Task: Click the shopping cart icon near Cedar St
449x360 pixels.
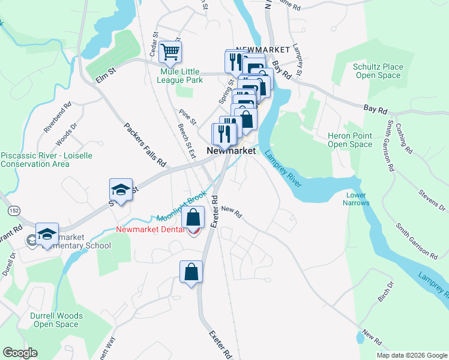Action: [x=170, y=52]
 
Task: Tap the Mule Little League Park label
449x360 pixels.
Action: [x=181, y=75]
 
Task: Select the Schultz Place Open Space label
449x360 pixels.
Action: [x=376, y=71]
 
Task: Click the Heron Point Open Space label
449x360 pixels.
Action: [x=350, y=140]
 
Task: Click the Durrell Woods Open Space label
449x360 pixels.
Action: [x=56, y=320]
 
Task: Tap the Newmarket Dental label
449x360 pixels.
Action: [x=151, y=229]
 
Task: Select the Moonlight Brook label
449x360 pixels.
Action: [x=181, y=207]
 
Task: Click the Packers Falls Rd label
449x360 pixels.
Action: [x=145, y=145]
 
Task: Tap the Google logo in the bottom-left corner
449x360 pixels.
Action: [x=20, y=353]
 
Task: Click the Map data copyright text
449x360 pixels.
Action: [x=412, y=355]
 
